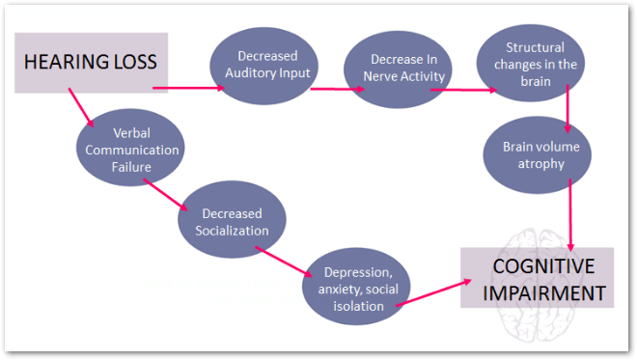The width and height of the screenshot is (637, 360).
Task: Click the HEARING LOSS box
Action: pyautogui.click(x=92, y=64)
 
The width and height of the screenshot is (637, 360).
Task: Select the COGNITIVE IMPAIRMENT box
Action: pyautogui.click(x=537, y=279)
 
